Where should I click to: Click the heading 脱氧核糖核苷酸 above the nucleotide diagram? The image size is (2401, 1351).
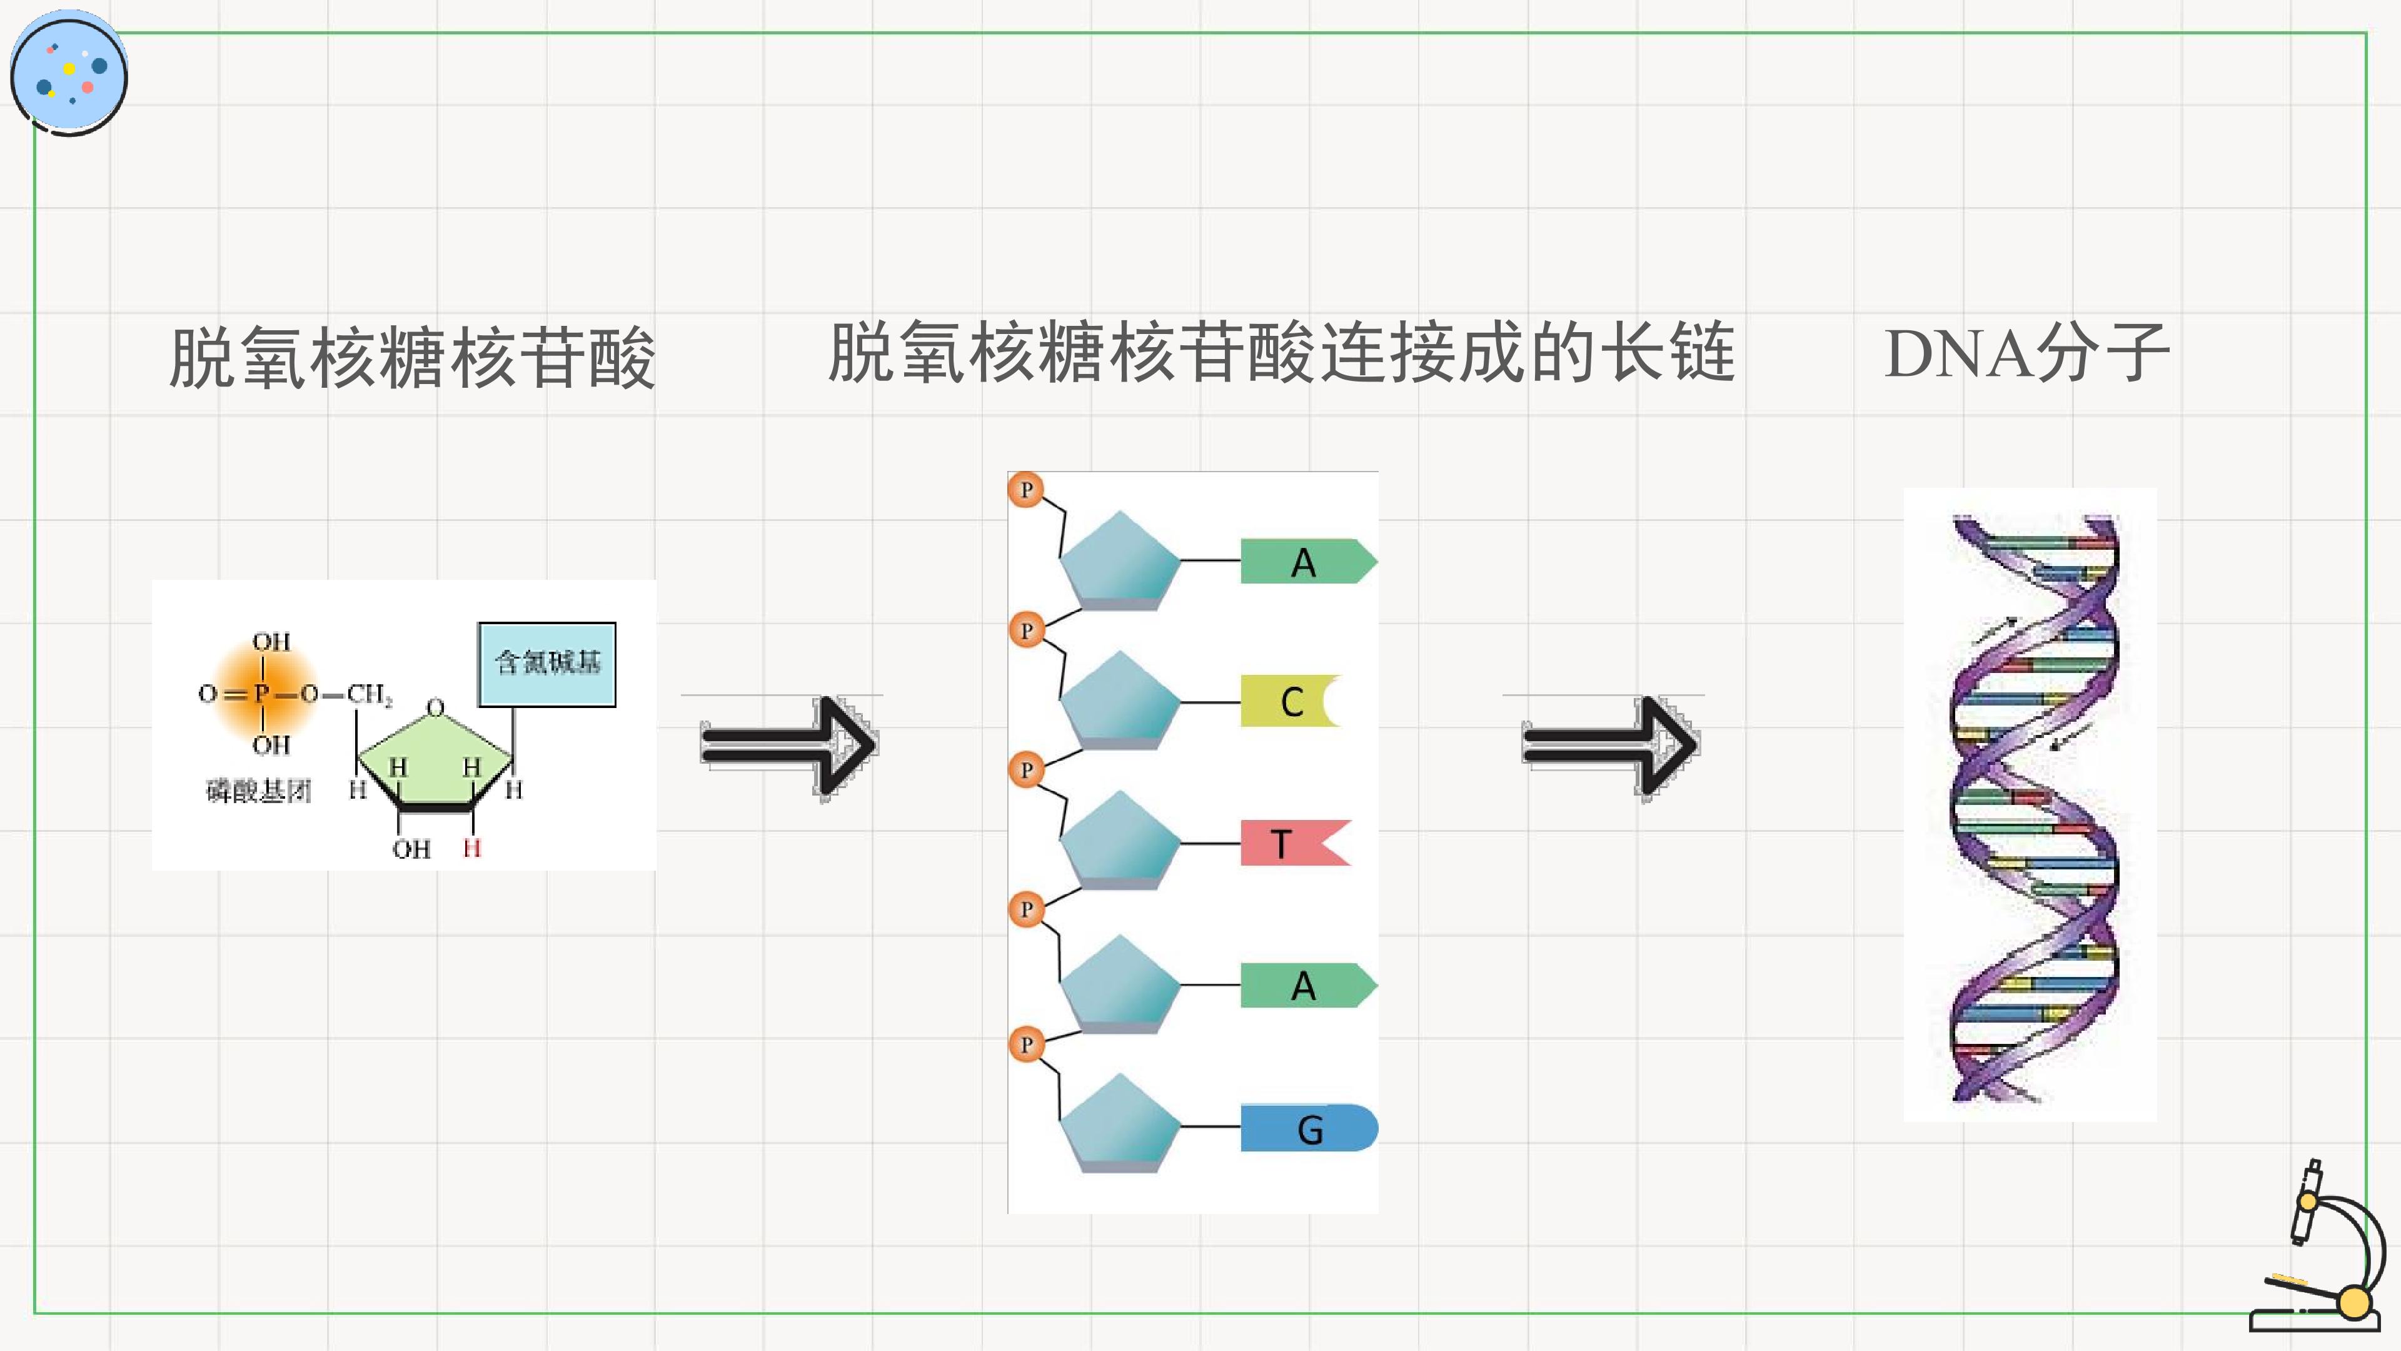click(412, 357)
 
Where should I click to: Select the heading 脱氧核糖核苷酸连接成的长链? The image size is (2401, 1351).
click(1282, 352)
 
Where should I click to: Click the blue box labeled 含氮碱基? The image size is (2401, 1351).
click(547, 664)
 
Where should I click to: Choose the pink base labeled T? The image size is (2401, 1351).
click(1295, 843)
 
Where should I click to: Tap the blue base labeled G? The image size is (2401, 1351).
click(1309, 1128)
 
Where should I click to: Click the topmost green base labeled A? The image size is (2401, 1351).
click(1307, 561)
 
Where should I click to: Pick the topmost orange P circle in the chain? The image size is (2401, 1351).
click(1026, 490)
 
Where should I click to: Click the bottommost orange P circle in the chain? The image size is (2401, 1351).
click(1026, 1045)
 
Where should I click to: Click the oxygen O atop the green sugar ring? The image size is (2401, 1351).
click(435, 707)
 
